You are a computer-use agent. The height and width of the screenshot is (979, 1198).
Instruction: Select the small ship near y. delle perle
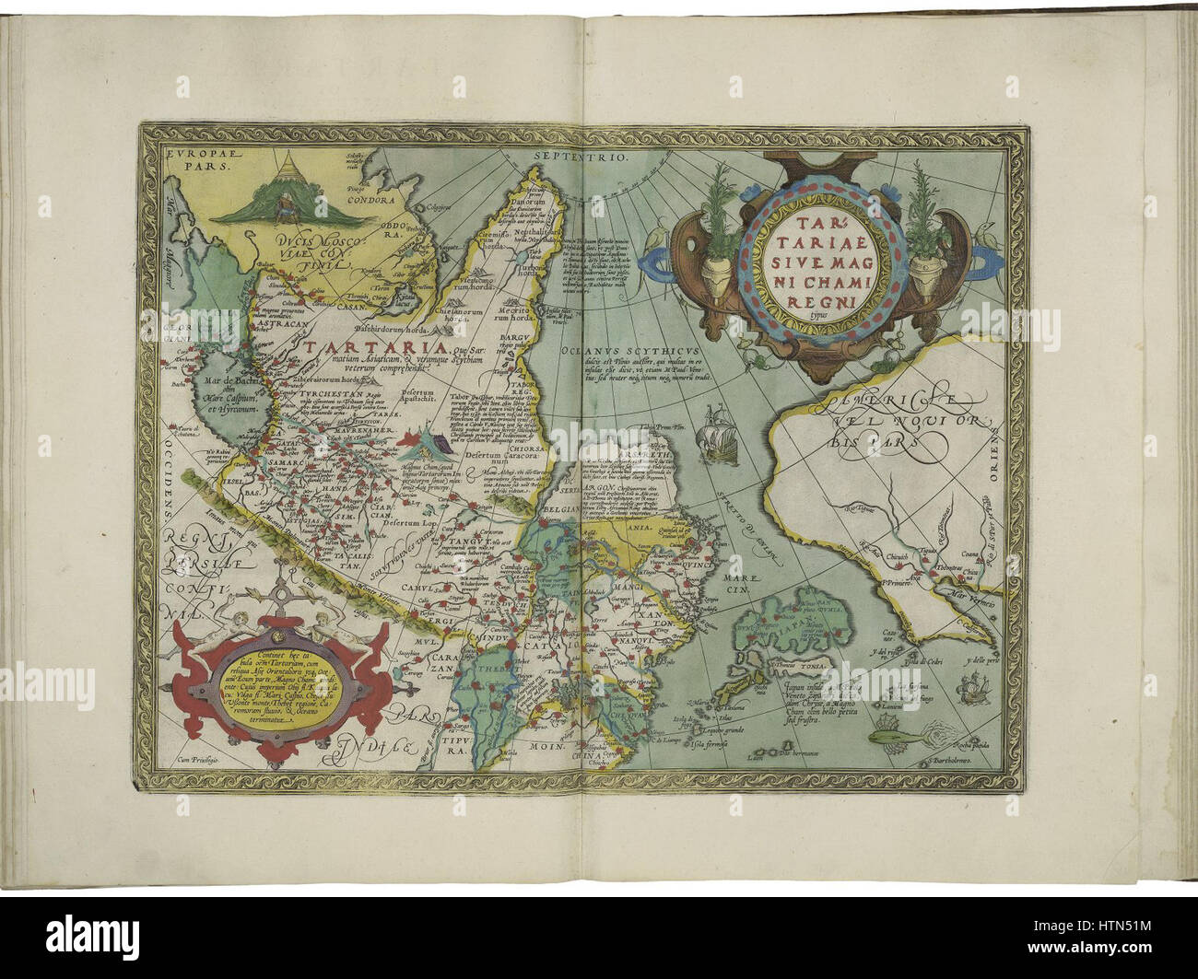(972, 686)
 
